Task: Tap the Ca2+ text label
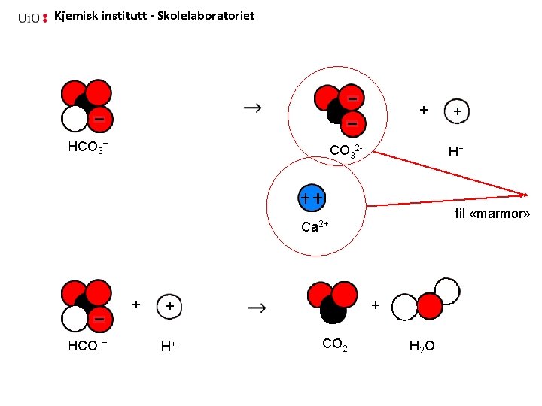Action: [x=315, y=226]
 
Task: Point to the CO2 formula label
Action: [x=334, y=344]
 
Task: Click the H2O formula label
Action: [x=426, y=346]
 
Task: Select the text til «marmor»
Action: [x=493, y=214]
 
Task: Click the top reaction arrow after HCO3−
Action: [x=253, y=109]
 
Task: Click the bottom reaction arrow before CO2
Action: [x=257, y=308]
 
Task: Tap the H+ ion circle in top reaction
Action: [x=458, y=111]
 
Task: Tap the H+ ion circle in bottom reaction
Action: [x=169, y=307]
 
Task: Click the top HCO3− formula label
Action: [x=87, y=147]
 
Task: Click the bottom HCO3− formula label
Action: [x=87, y=346]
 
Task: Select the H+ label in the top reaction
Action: [x=455, y=152]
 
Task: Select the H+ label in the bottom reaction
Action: [x=168, y=347]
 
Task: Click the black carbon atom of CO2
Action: [x=333, y=308]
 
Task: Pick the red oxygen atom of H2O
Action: [x=430, y=305]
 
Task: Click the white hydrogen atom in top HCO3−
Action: [x=75, y=119]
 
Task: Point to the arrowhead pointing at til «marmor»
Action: [x=524, y=194]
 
